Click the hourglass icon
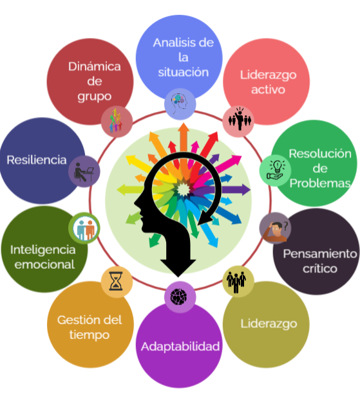(116, 281)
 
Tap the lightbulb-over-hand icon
(276, 170)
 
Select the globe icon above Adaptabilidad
(178, 297)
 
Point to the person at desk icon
(84, 172)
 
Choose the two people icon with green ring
(84, 228)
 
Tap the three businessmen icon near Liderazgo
(236, 282)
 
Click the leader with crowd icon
(240, 119)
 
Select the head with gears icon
(179, 102)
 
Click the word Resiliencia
(37, 160)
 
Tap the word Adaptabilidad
(180, 347)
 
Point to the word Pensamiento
(320, 253)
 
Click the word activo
(268, 90)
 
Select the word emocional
(44, 264)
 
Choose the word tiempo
(90, 335)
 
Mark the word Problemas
(320, 183)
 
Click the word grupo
(95, 96)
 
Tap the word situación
(184, 72)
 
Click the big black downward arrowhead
(178, 268)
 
